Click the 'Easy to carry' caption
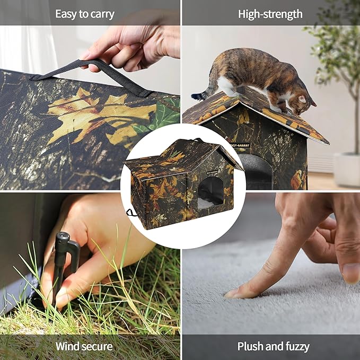coord(85,14)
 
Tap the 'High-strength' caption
coord(270,14)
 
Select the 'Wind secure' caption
coord(84,347)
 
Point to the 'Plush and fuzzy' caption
coord(273,347)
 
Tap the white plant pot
coord(347,169)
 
